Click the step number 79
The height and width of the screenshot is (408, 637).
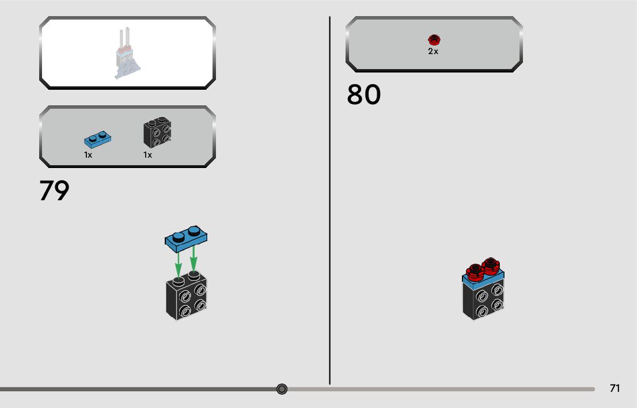[54, 191]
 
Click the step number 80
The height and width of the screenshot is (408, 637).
[363, 95]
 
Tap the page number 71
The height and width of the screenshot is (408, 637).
[615, 388]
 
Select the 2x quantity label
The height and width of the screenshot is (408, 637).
[433, 51]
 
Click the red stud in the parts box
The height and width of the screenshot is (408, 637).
[434, 40]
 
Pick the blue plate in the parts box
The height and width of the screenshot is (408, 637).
[97, 139]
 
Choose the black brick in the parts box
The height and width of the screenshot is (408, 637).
[157, 133]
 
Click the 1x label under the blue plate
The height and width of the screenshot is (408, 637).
[88, 155]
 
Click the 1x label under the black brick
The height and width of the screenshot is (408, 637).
[147, 155]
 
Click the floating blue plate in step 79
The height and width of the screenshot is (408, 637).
[186, 238]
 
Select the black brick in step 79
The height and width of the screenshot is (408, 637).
[187, 298]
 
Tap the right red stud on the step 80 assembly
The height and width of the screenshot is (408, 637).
[490, 265]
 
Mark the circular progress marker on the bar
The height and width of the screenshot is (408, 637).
[282, 389]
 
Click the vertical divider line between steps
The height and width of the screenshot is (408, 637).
[330, 230]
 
